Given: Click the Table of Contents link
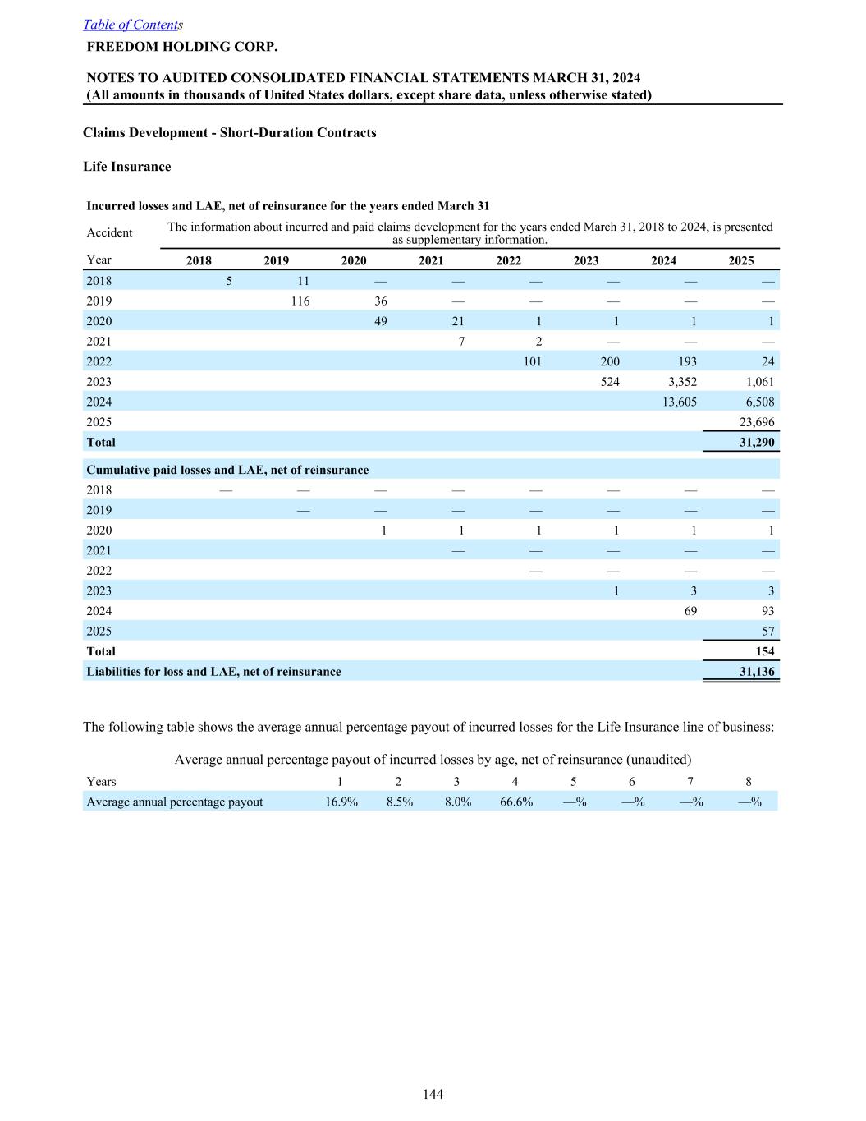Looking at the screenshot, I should click(x=131, y=25).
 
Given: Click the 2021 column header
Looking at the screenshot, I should click(x=431, y=260).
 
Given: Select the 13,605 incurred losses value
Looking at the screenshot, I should click(x=680, y=402).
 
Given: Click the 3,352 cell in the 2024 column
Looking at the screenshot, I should click(x=682, y=382).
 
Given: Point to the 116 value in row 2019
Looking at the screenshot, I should click(x=300, y=301).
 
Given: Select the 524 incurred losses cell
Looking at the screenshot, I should click(x=610, y=382).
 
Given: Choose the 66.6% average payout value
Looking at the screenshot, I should click(x=516, y=802).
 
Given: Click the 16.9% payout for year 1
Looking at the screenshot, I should click(x=341, y=802).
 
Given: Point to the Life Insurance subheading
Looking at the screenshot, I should click(x=127, y=167).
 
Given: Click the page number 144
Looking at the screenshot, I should click(x=433, y=1094).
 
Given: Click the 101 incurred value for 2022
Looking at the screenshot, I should click(x=532, y=361).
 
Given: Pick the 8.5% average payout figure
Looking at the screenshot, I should click(x=400, y=802).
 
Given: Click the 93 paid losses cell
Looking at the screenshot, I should click(x=767, y=611).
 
